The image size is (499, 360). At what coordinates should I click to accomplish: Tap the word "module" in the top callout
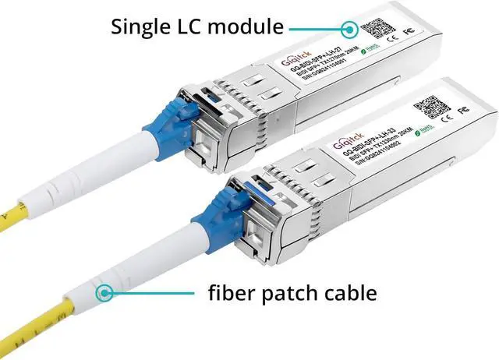pos(245,28)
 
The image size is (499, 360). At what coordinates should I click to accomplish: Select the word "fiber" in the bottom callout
pos(229,294)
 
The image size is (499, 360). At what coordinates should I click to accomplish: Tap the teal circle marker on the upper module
pos(349,29)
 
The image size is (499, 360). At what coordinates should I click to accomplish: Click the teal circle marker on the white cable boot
pos(103,294)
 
